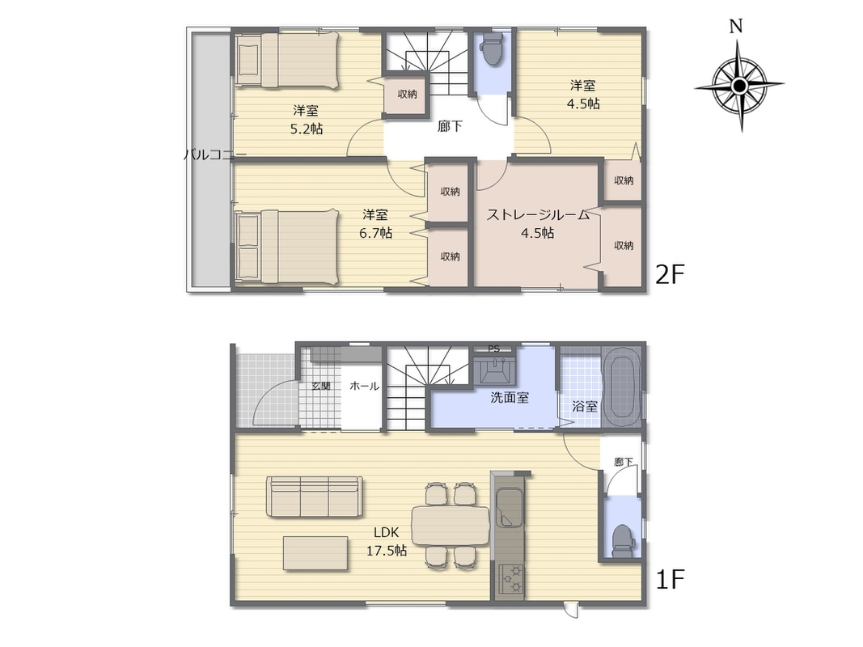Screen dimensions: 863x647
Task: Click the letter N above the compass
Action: (736, 27)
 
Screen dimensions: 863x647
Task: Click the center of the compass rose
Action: (740, 86)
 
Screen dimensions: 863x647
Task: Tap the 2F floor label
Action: (669, 274)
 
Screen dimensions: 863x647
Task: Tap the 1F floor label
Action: (669, 579)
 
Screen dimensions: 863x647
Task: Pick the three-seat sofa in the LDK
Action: (315, 497)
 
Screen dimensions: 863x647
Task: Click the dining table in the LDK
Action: (451, 525)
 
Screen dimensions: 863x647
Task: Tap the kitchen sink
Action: (509, 507)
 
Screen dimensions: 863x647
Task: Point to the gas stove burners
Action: (510, 580)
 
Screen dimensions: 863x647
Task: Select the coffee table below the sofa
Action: (316, 553)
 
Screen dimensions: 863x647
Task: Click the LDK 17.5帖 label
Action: (387, 541)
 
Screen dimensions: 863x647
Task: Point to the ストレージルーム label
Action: (538, 214)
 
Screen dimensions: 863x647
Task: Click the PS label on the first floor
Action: (493, 349)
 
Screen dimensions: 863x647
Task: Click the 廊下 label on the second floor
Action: (450, 126)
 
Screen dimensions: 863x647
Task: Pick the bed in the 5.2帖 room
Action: (287, 59)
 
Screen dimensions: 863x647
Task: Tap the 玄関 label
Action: (321, 387)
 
